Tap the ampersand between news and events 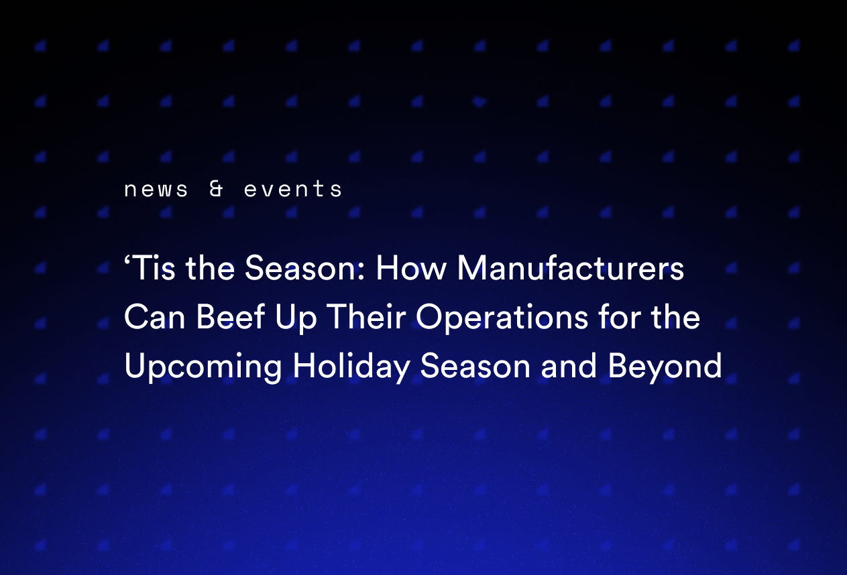pyautogui.click(x=216, y=190)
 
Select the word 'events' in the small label pyautogui.click(x=293, y=190)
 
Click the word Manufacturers pyautogui.click(x=571, y=269)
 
